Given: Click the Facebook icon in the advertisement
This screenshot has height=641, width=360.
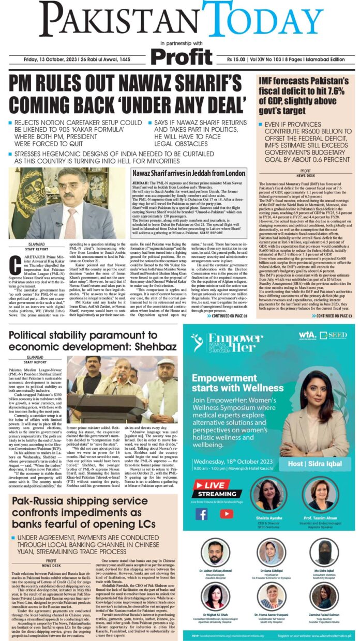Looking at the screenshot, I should point(202,514).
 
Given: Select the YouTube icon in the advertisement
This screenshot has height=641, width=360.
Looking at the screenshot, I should point(226,514).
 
